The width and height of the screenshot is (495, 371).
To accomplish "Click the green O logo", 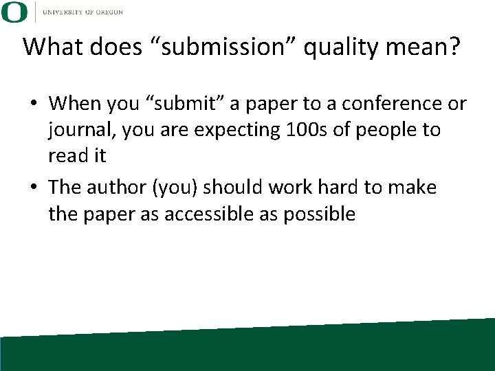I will coord(14,12).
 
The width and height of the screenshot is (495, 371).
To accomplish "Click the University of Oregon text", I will coord(82,12).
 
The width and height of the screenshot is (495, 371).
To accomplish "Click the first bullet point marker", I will coord(33,104).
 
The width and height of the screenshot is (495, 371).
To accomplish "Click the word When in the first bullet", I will coord(75,104).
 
